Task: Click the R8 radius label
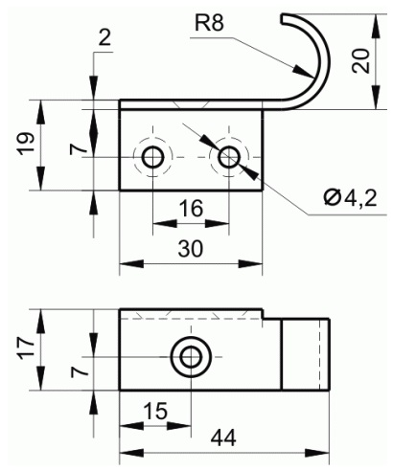(209, 23)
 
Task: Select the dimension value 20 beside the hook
(360, 61)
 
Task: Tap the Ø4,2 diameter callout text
(350, 198)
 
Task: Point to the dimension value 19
(26, 144)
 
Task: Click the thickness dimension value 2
(104, 37)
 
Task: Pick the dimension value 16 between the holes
(191, 209)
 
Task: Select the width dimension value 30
(191, 249)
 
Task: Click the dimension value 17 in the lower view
(26, 348)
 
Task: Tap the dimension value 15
(155, 411)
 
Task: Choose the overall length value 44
(223, 437)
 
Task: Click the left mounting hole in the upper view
(153, 157)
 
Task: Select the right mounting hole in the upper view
(229, 157)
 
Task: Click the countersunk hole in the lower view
(191, 357)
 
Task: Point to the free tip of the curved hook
(282, 18)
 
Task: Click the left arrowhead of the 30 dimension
(131, 264)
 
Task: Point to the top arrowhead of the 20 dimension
(377, 26)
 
